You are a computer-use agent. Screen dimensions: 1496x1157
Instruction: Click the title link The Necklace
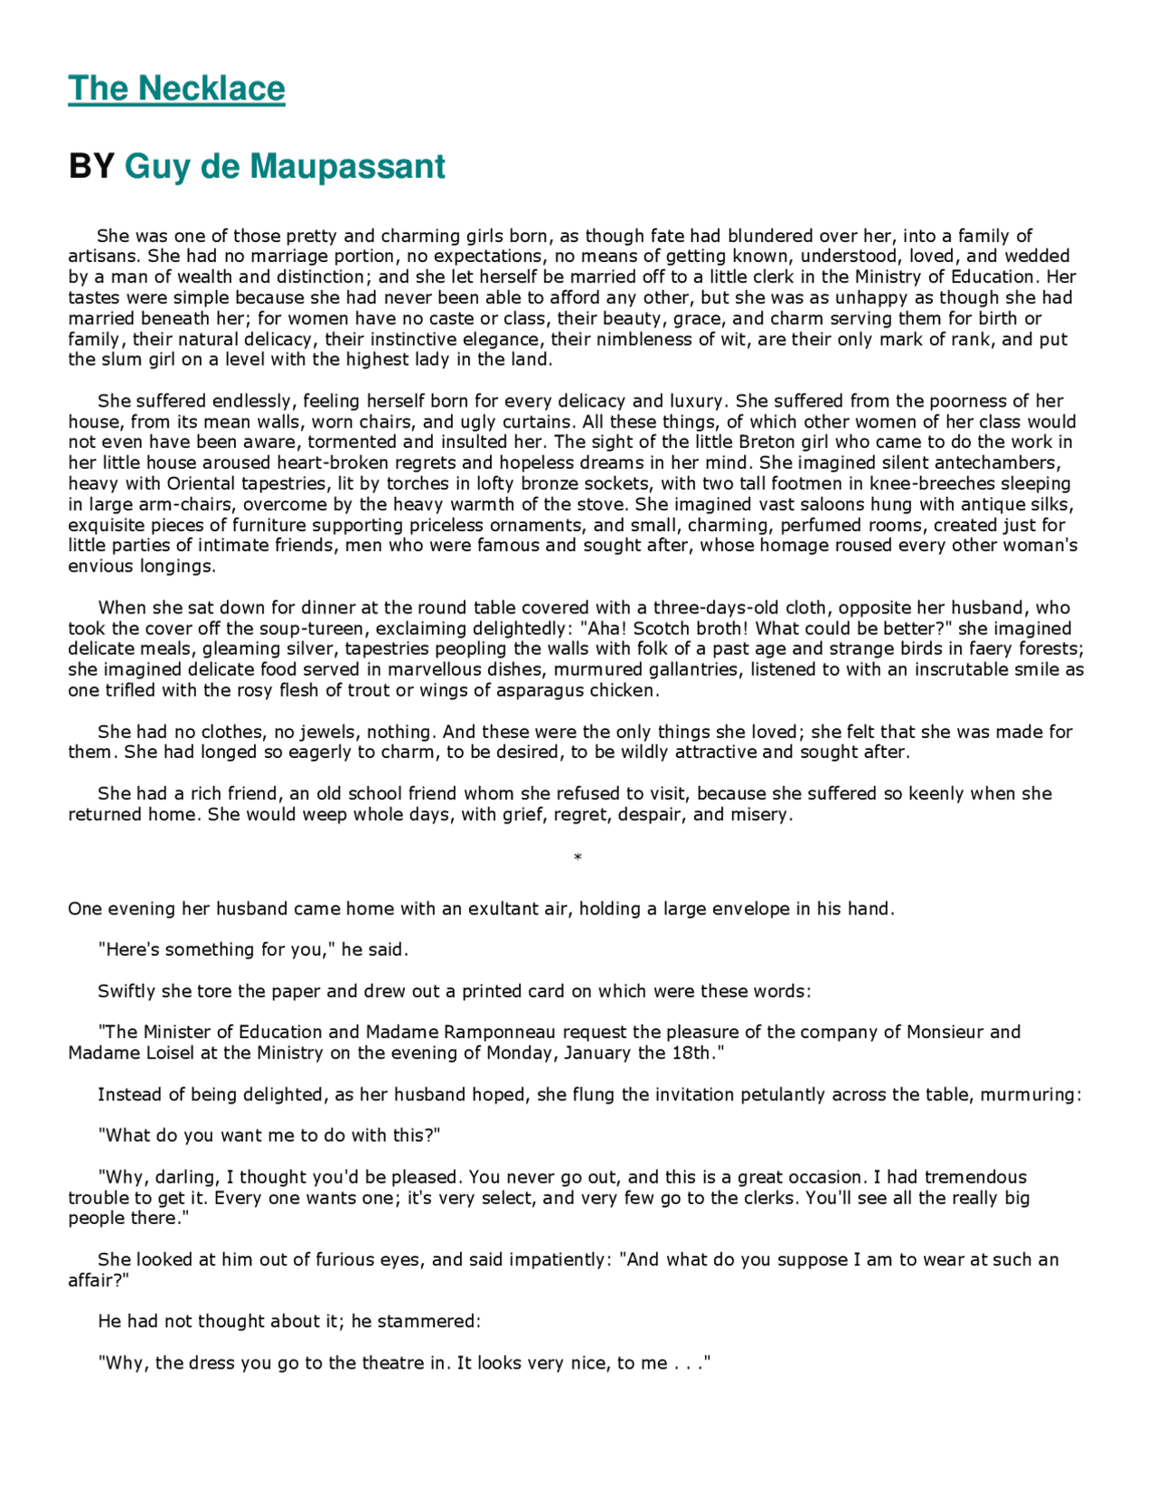click(176, 89)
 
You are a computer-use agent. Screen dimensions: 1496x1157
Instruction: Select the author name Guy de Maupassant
click(285, 167)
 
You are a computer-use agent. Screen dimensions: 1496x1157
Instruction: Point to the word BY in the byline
click(91, 167)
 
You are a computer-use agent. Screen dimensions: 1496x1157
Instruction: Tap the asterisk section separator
click(578, 857)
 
